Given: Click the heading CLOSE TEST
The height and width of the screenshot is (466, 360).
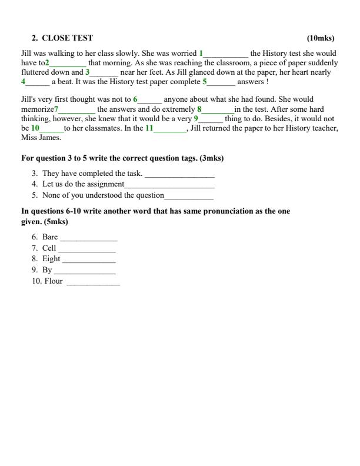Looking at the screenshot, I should [x=67, y=38].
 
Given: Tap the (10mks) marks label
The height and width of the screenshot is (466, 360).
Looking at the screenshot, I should [x=321, y=38].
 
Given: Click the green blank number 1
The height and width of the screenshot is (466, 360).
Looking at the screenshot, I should [x=201, y=53].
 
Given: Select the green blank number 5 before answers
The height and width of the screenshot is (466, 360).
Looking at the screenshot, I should [x=205, y=82].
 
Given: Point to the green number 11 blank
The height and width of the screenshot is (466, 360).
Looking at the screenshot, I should [x=149, y=128].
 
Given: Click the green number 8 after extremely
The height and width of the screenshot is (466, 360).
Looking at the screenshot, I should [x=199, y=109].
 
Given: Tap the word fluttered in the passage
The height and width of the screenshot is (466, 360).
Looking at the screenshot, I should [x=35, y=72].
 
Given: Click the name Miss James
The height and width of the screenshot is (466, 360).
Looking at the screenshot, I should [x=41, y=138].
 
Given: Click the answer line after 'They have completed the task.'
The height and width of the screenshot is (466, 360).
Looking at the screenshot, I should [x=179, y=175].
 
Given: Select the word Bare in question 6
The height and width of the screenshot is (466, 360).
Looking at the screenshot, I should [x=50, y=237].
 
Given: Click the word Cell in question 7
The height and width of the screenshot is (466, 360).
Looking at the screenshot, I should [x=49, y=248].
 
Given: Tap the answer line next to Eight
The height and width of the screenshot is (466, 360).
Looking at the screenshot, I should [x=89, y=259].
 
